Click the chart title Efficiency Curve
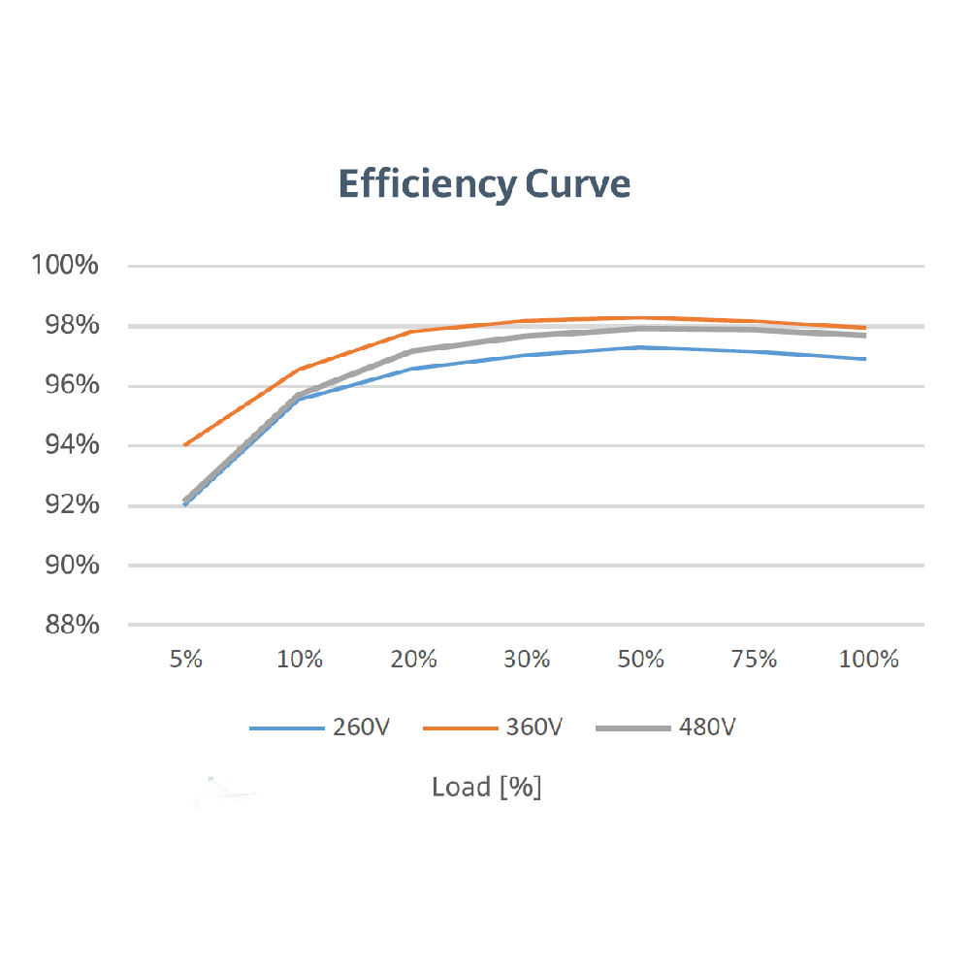point(484,183)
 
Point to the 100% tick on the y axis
point(65,265)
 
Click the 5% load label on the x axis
point(185,660)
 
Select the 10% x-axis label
point(300,660)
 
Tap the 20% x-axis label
point(413,660)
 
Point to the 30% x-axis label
point(527,660)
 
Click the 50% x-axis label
point(641,660)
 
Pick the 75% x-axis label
point(755,660)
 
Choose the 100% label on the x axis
point(869,660)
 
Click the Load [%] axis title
point(486,787)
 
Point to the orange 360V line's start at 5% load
point(185,445)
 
